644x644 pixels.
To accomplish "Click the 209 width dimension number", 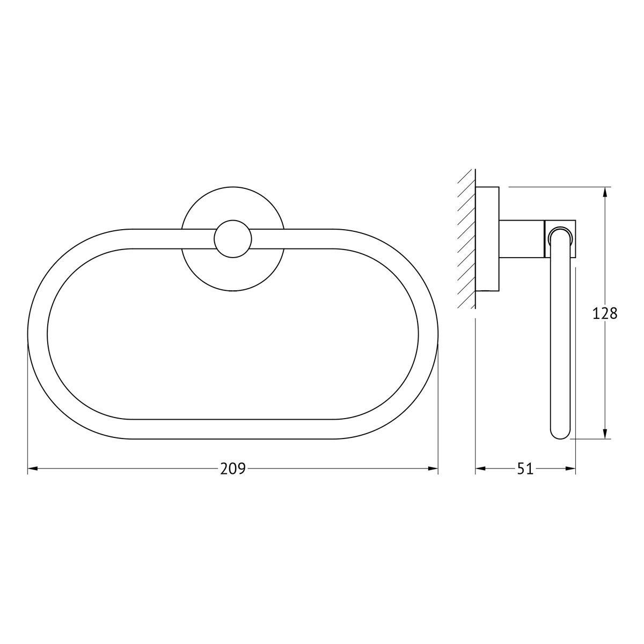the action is (x=232, y=469).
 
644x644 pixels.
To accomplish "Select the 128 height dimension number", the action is (x=605, y=314).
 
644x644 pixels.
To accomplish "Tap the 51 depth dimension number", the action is (x=525, y=469).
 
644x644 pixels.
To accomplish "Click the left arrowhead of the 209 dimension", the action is (x=32, y=469).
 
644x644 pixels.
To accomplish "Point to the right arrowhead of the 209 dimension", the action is (x=433, y=469).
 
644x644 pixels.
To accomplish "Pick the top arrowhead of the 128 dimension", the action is (x=605, y=192).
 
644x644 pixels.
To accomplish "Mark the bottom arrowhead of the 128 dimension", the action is (x=605, y=434).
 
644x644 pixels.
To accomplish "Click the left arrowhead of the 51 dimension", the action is (x=480, y=469).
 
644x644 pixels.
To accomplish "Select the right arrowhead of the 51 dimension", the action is (x=570, y=469).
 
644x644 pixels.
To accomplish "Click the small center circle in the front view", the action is (x=232, y=239).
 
